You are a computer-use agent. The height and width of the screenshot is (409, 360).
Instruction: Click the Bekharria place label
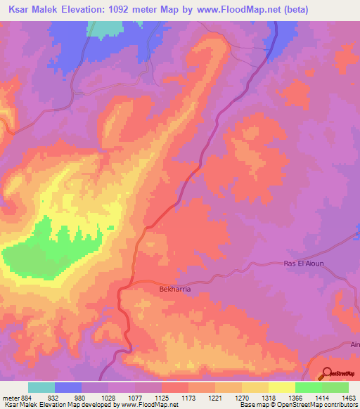tap(172, 288)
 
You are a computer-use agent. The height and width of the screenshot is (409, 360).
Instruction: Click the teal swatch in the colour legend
tap(41, 387)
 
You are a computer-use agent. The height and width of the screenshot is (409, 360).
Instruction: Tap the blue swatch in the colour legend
tap(68, 387)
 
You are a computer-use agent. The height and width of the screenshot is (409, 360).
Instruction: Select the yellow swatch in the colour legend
tap(282, 387)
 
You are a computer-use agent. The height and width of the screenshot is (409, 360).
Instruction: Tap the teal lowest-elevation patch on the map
tap(104, 29)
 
